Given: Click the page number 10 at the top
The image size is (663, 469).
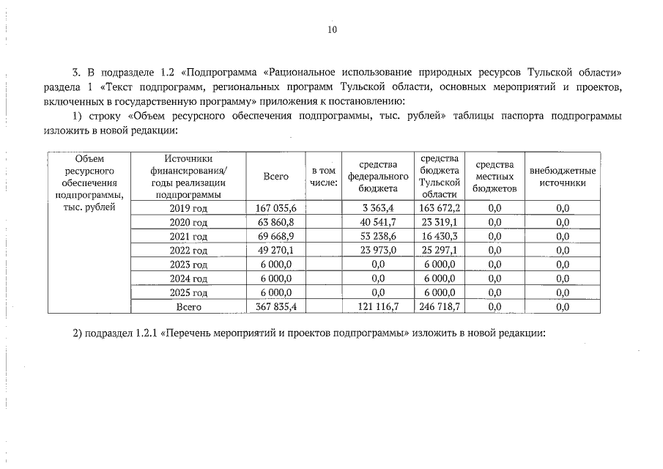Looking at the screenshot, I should [x=332, y=30].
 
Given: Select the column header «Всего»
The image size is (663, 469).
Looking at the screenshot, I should [x=275, y=177].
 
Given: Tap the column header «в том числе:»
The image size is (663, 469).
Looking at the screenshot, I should [x=324, y=177].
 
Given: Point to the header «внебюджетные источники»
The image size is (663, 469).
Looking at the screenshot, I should [x=563, y=177].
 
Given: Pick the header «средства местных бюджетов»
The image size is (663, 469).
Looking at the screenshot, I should [x=495, y=177].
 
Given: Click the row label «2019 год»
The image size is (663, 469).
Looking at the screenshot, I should [x=189, y=209].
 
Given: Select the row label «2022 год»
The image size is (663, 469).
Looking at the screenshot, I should [x=189, y=251].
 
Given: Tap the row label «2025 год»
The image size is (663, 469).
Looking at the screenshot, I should [x=189, y=292].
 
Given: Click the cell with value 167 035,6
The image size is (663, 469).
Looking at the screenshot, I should [x=275, y=209].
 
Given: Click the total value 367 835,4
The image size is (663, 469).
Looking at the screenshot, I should [x=275, y=307].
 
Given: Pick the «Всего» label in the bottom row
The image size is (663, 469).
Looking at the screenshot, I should [x=189, y=307].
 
